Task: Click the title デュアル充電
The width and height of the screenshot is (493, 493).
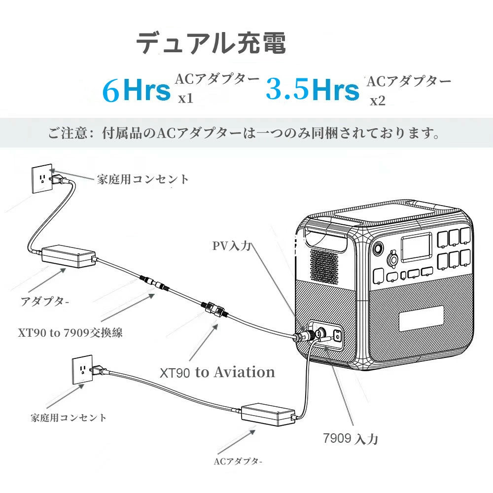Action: point(211,43)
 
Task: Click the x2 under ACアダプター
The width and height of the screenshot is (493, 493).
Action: point(378,101)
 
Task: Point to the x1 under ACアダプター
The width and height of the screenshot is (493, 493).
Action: point(185,98)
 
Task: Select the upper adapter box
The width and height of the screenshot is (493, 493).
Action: point(69,256)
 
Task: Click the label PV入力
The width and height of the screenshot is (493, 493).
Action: point(232,246)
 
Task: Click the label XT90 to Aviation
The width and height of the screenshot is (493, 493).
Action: point(217,372)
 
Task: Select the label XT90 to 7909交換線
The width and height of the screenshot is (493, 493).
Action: point(70,332)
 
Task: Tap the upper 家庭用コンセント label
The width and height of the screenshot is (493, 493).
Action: point(143,179)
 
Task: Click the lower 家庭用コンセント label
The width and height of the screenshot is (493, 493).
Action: point(69,418)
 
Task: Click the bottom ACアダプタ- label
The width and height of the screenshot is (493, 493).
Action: point(238,462)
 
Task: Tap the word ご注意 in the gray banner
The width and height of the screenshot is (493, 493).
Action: point(69,133)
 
